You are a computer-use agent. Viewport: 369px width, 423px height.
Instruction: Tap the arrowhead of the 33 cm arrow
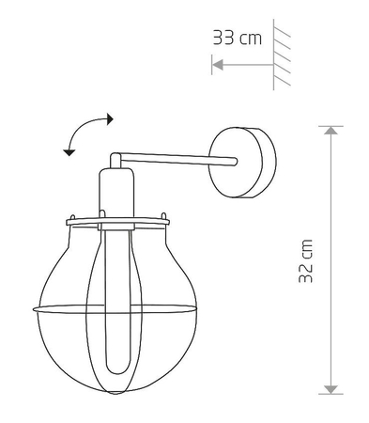coord(217,65)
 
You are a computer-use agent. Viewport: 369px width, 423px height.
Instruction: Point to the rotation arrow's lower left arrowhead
coord(68,149)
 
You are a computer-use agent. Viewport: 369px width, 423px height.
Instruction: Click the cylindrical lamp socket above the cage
coord(112,193)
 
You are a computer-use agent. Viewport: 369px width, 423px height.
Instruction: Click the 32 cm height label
coord(306,260)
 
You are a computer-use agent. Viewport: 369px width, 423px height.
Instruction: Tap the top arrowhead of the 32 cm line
coord(330,132)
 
